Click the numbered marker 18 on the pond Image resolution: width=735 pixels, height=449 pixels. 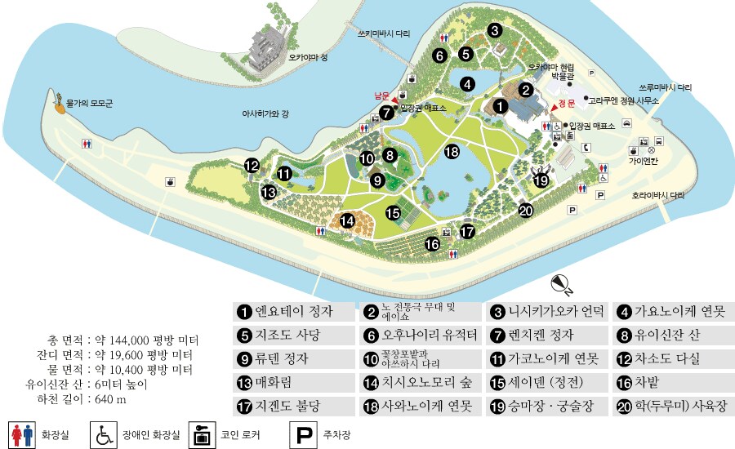[452, 151]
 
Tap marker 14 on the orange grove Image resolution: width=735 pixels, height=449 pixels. [347, 220]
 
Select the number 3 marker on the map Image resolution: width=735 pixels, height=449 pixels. [495, 31]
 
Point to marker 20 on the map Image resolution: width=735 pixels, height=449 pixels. [526, 211]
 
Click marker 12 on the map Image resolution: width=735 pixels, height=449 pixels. [252, 166]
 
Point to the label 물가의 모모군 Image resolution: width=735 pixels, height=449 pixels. [90, 104]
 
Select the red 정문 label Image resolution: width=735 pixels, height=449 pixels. [567, 104]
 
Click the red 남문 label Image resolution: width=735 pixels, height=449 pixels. [383, 95]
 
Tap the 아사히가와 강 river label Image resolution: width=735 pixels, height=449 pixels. [265, 113]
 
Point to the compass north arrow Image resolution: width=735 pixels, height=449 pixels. [562, 284]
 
